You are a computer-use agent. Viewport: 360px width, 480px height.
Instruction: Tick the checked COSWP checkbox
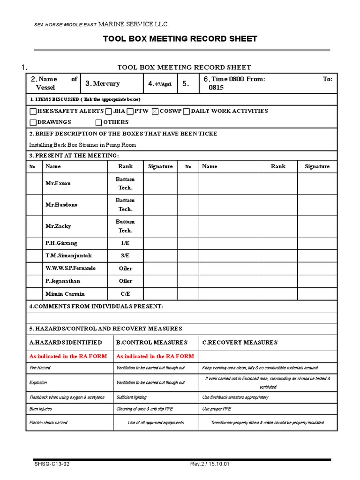pos(156,112)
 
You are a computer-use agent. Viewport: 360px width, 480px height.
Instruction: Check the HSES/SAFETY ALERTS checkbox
pos(32,112)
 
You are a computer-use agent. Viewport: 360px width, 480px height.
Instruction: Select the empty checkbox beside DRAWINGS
pos(32,123)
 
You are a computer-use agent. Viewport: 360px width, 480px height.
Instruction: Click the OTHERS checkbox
pos(98,123)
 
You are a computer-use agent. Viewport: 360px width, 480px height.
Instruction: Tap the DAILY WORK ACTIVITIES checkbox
pos(186,112)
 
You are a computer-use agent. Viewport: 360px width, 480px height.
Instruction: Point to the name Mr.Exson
pos(58,183)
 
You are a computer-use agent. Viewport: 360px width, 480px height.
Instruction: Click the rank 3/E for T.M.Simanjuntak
pos(125,256)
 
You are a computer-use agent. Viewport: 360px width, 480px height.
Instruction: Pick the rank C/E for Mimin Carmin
pos(125,294)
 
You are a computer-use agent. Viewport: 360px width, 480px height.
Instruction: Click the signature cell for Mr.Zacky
pos(160,226)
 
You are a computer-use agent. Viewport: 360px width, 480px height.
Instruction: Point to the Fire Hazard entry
pos(40,368)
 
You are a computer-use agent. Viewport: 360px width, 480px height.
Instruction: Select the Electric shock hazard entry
pos(48,423)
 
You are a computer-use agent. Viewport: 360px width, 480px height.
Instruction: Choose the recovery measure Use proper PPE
pos(217,409)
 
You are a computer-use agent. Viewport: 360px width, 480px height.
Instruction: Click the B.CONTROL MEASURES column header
pos(151,343)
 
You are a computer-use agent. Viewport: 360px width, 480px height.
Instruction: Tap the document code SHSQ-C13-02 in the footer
pos(49,464)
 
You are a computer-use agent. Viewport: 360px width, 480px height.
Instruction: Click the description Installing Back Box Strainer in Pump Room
pos(82,145)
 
